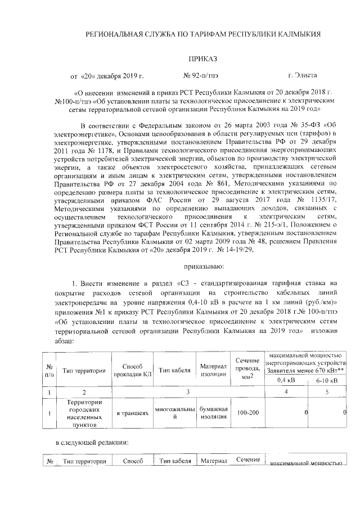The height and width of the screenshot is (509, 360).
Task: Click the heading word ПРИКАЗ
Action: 202,58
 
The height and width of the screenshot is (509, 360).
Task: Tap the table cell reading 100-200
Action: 247,413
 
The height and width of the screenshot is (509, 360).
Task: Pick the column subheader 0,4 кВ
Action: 286,380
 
